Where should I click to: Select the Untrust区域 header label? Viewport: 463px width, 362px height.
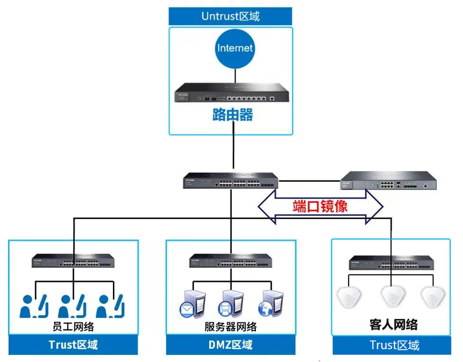tap(231, 16)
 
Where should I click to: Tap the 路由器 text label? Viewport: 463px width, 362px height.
tap(232, 115)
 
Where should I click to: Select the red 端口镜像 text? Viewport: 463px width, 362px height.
tap(320, 207)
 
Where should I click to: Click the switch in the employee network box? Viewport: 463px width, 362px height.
tap(74, 260)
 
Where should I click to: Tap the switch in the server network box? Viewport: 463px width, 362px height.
tap(231, 260)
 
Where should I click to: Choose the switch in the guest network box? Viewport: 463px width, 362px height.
tap(391, 262)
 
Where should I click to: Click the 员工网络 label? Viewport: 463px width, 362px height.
tap(73, 326)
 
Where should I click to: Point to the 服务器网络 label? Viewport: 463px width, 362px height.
tap(231, 326)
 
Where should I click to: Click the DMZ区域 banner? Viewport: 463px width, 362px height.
tap(231, 344)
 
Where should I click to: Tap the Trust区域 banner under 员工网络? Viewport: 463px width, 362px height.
tap(73, 344)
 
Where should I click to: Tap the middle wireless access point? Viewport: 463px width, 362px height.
tap(392, 297)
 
